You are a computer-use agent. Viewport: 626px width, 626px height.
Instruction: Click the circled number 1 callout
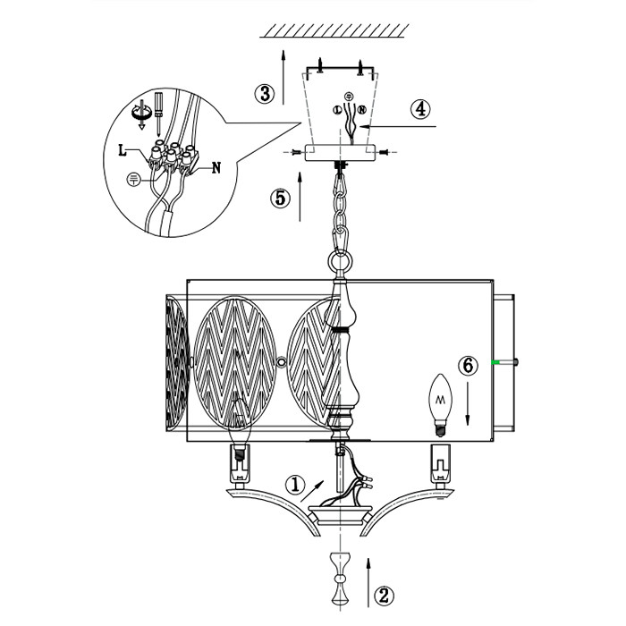(296, 484)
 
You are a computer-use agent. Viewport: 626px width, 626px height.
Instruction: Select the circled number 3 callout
(262, 93)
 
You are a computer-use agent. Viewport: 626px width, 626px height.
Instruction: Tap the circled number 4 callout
(420, 109)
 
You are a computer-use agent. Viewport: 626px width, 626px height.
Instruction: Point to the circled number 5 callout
(281, 198)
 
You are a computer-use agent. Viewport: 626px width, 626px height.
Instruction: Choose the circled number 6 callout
(466, 366)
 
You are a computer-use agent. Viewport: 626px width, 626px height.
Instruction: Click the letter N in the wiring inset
(217, 166)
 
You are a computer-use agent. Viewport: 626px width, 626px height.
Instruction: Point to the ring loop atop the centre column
(339, 262)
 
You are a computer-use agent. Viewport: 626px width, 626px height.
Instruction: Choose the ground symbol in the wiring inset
(132, 179)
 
